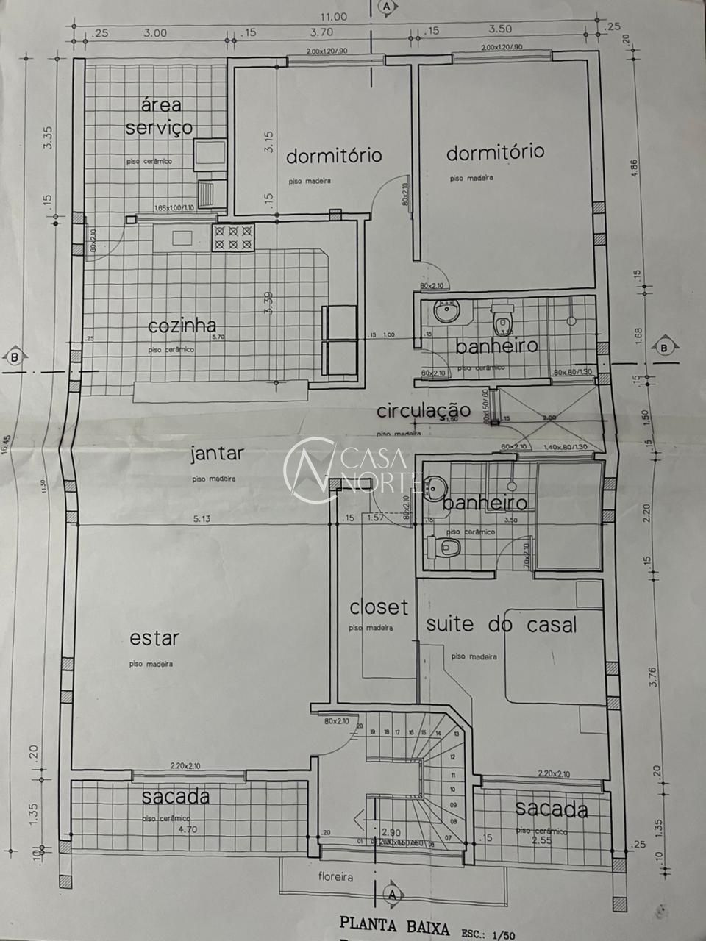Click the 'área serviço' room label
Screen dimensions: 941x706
(158, 116)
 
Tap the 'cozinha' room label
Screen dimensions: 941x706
(182, 325)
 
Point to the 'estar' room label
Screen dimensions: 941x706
(154, 637)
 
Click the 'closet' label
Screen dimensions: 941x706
(378, 607)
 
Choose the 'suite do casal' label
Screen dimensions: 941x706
(501, 624)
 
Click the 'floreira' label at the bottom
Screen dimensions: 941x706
(335, 877)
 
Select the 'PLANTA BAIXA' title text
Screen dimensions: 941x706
(394, 926)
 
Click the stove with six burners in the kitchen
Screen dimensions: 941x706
(232, 237)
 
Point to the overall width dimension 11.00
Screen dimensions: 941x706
(332, 16)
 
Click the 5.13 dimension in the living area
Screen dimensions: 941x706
(202, 518)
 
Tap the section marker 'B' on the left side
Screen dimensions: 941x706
(14, 357)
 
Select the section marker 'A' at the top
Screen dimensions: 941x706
(386, 6)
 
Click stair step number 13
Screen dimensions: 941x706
(456, 733)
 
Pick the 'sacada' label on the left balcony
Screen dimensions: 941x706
(175, 796)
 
